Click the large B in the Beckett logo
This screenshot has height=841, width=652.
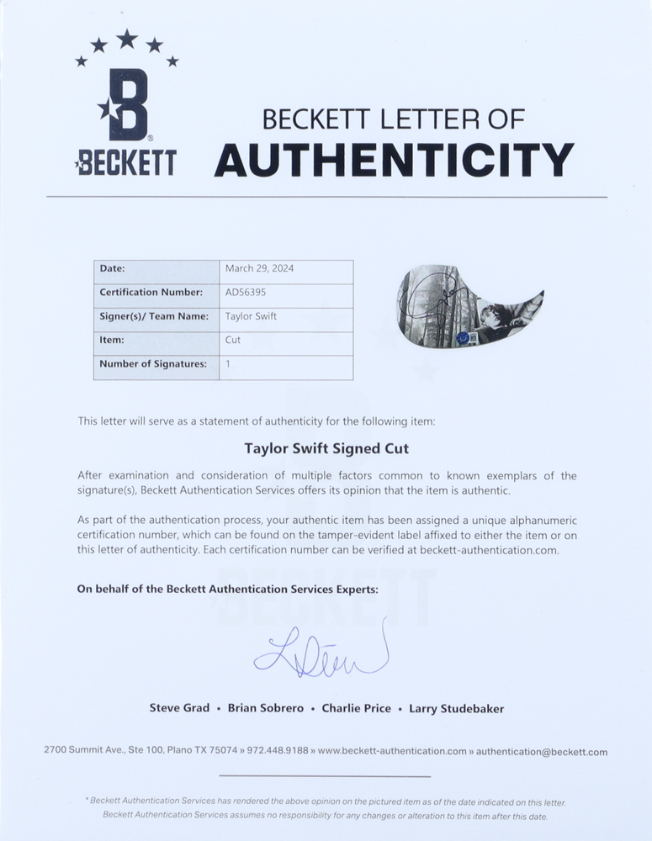(x=129, y=104)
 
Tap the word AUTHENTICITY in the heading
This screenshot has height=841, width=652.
(x=394, y=160)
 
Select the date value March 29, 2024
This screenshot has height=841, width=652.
(x=259, y=269)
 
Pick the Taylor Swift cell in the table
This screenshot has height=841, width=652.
(x=251, y=316)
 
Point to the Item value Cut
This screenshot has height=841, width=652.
(x=233, y=341)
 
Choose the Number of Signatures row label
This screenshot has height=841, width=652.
(x=152, y=364)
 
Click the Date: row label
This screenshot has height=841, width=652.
(x=112, y=269)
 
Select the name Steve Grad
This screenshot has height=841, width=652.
(x=179, y=708)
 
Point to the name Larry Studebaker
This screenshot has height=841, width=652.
(x=456, y=708)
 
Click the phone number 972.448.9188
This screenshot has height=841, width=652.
(x=282, y=752)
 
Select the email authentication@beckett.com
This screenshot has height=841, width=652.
(x=541, y=752)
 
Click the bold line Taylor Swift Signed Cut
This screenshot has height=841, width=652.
(x=326, y=448)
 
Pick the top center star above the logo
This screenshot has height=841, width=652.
(x=127, y=38)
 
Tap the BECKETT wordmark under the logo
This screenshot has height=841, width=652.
(x=125, y=161)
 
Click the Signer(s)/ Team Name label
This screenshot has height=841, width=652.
(x=153, y=316)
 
